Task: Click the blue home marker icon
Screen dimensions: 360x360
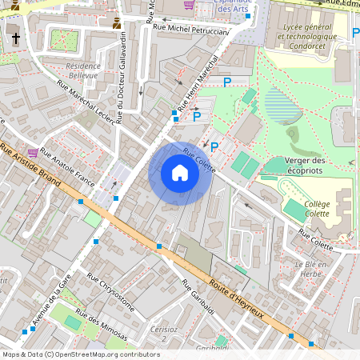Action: point(180,173)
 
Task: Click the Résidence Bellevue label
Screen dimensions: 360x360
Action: point(82,70)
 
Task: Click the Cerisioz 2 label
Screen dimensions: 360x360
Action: point(163,334)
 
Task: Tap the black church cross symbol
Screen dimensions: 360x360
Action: point(15,38)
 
